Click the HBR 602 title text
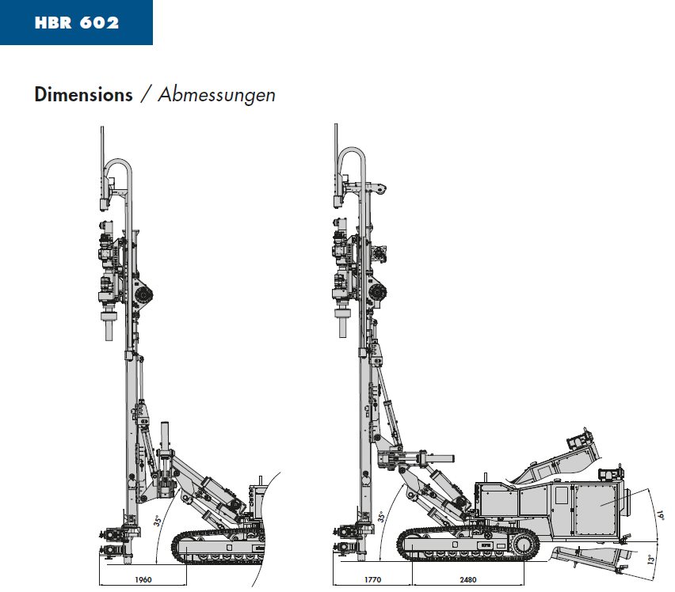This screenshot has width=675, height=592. [77, 22]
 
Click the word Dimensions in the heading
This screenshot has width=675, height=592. [83, 95]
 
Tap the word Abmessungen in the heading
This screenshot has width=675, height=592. [216, 95]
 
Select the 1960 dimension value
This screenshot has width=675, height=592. [143, 579]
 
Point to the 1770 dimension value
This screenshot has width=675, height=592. [373, 579]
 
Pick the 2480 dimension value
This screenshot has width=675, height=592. [468, 579]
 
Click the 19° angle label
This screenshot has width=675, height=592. [661, 515]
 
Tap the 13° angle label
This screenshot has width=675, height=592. [651, 560]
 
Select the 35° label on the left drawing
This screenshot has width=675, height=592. [158, 521]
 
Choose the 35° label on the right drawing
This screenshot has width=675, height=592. [381, 517]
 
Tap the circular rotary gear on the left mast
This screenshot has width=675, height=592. [143, 295]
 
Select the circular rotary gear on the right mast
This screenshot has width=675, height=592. [378, 293]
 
